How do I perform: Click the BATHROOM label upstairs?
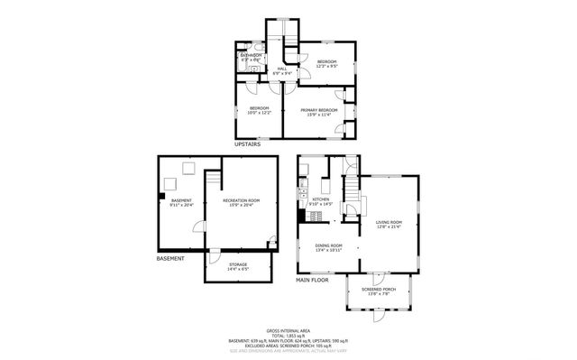coord(250,55)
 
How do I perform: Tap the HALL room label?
coord(282,69)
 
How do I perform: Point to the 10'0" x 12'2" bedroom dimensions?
coord(259,114)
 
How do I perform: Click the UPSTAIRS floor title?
coord(248,143)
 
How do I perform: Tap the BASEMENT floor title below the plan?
coord(170,259)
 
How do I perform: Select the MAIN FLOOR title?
coord(313,280)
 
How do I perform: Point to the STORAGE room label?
coord(238,264)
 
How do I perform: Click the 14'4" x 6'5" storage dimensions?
coord(238,269)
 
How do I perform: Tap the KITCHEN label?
coord(321,199)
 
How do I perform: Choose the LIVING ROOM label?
coord(389,222)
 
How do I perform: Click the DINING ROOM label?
coord(329,245)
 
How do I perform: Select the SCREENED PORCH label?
coord(375,289)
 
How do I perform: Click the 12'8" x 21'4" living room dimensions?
coord(389,227)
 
